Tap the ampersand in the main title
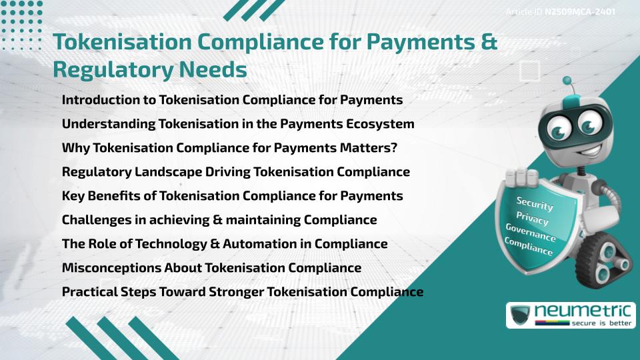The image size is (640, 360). (x=489, y=42)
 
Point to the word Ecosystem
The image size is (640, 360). (x=380, y=124)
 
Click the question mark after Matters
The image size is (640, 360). (x=393, y=148)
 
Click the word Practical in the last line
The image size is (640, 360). (x=89, y=292)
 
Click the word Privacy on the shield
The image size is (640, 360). (x=532, y=219)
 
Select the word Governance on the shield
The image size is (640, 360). (x=531, y=232)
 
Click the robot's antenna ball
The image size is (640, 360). (x=567, y=81)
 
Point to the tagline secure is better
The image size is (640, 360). (x=601, y=323)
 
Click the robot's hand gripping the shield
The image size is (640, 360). (x=522, y=178)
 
